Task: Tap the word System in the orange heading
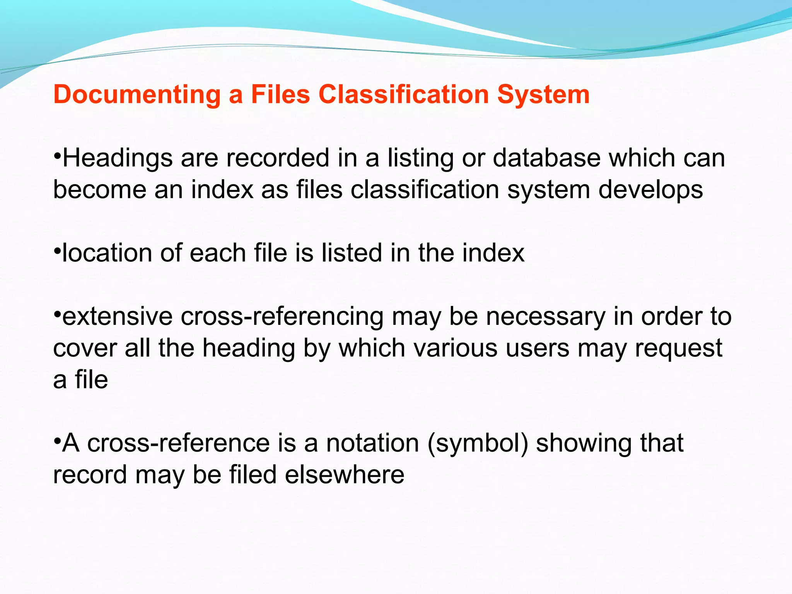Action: tap(543, 95)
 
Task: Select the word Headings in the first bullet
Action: tap(118, 159)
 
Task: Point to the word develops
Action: tap(650, 190)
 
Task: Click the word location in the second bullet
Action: tap(107, 253)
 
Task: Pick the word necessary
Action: tap(545, 317)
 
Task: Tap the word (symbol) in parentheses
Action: tap(478, 444)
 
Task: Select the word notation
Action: tap(373, 443)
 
